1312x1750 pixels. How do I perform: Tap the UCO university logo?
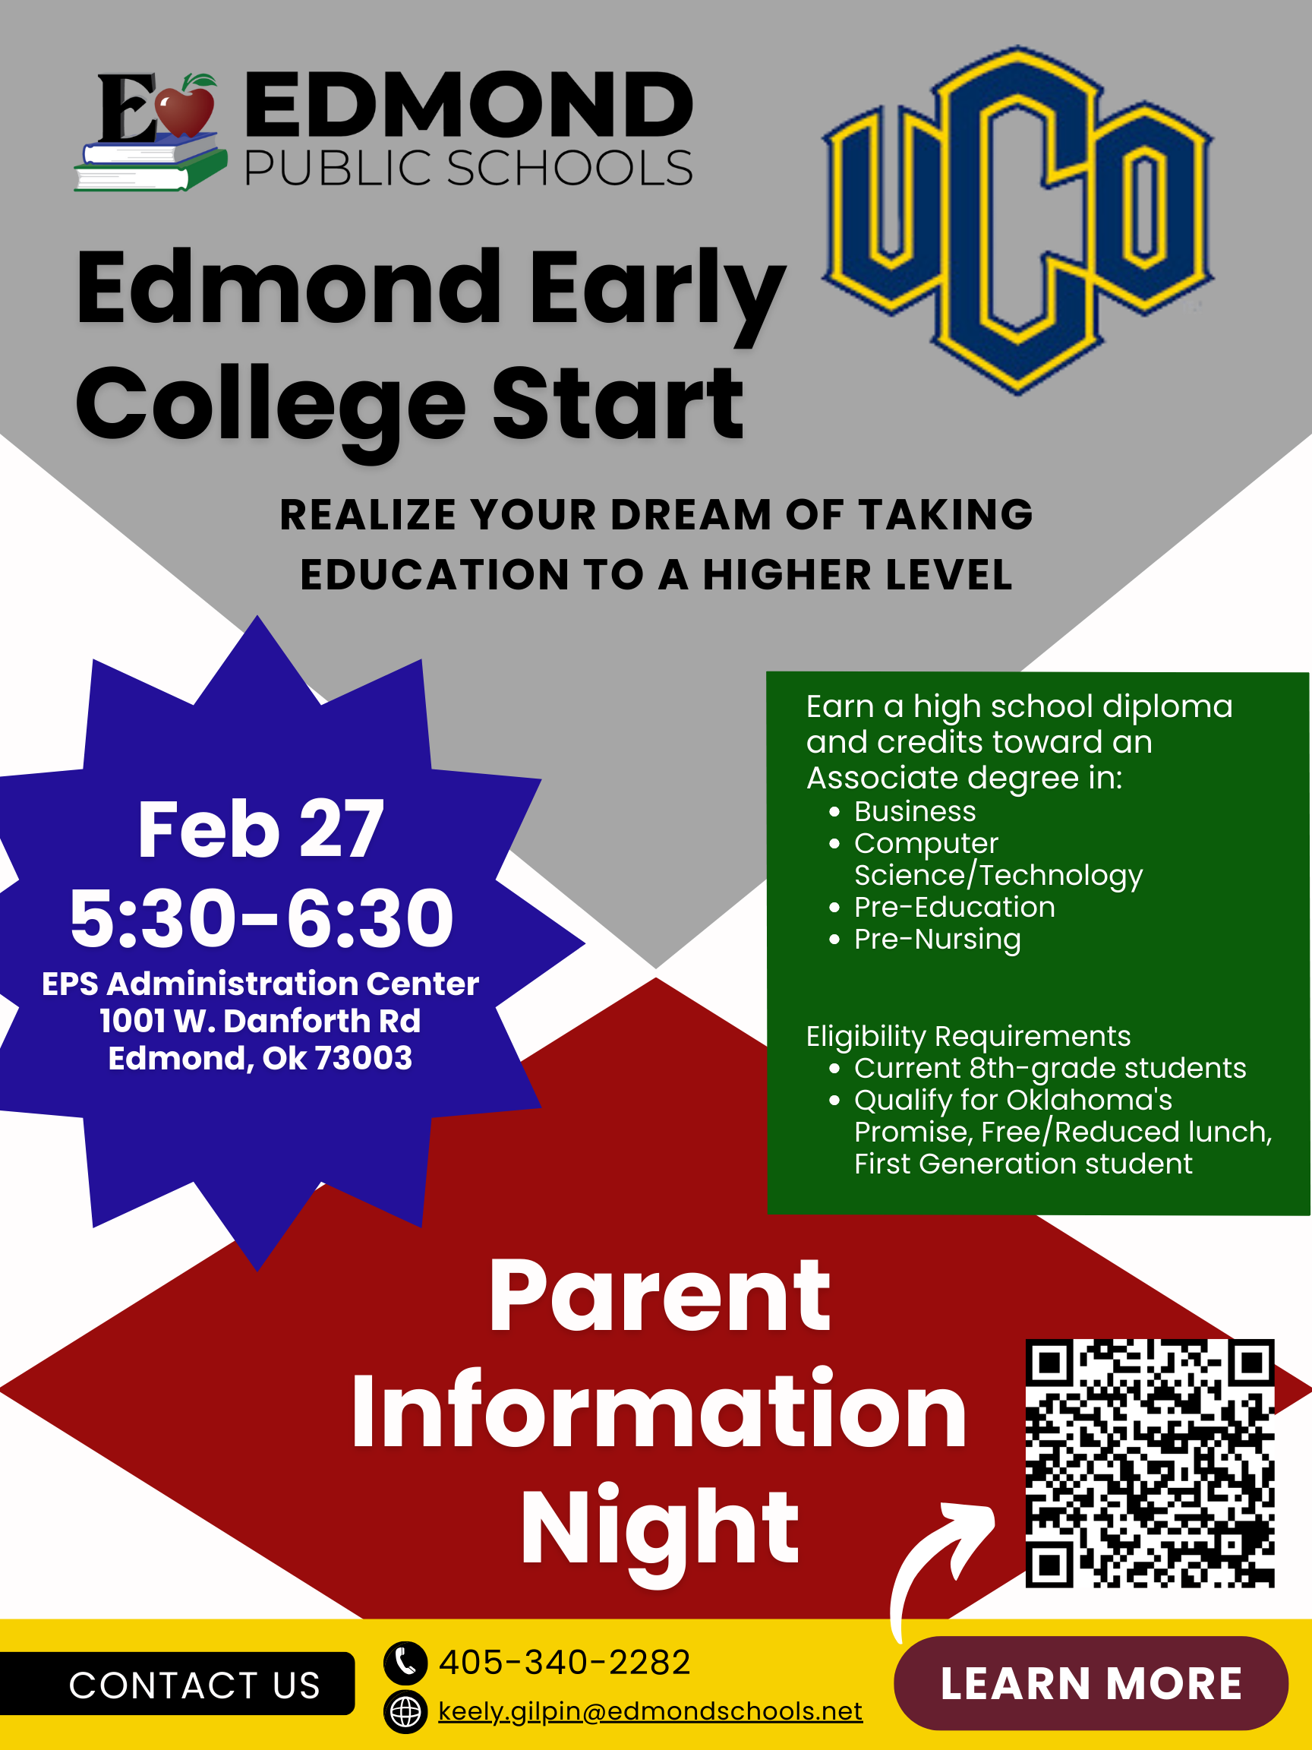pos(1018,220)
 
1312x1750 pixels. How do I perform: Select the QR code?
pos(1149,1463)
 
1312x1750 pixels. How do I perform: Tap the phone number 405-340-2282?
pos(565,1662)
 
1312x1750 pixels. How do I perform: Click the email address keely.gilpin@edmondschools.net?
pos(650,1711)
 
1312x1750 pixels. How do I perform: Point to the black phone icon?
pos(405,1662)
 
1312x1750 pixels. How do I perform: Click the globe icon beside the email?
pos(405,1711)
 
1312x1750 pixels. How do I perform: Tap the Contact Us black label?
pos(194,1685)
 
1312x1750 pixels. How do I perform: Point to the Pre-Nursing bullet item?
pos(937,939)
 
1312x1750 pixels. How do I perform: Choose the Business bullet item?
pos(915,812)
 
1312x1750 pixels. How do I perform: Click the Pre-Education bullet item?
pos(954,907)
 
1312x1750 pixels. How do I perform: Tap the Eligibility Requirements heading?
pos(968,1035)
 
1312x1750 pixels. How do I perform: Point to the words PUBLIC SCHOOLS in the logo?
pos(468,169)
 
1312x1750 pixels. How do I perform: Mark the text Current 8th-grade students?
pos(1049,1068)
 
